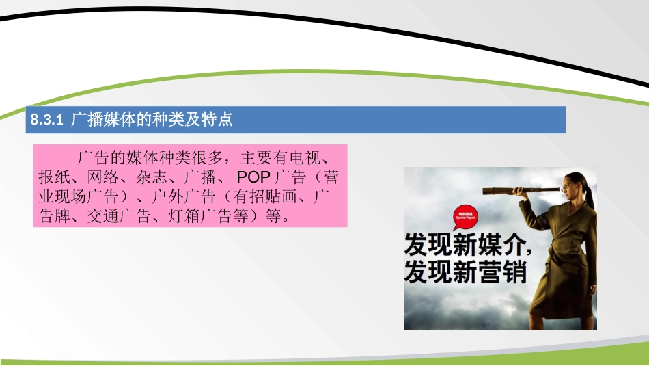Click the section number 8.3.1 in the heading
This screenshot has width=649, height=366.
point(47,120)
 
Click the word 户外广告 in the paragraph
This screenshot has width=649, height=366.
point(182,197)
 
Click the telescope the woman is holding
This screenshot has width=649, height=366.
point(512,189)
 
